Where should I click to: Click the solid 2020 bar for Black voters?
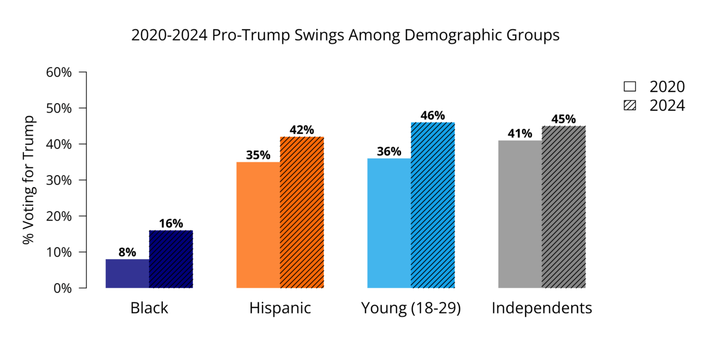point(127,274)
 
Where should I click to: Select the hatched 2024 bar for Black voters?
point(171,259)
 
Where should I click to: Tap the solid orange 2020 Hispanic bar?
point(258,225)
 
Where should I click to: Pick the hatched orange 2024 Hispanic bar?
point(302,212)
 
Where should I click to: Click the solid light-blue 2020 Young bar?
point(389,223)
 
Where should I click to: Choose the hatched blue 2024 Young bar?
point(433,205)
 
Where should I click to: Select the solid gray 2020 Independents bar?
point(520,214)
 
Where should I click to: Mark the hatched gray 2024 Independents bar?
point(563,207)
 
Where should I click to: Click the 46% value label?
point(433,116)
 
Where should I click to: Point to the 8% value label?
point(127,252)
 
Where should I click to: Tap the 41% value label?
point(520,133)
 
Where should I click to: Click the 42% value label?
point(302,130)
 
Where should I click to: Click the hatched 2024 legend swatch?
point(630,105)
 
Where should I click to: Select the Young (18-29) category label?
point(411,308)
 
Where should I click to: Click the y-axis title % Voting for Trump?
point(29,180)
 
